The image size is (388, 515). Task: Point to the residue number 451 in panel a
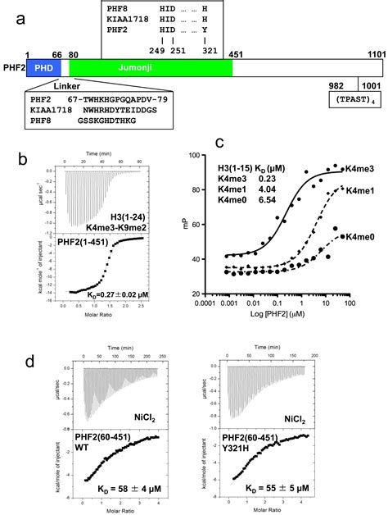(238, 53)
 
